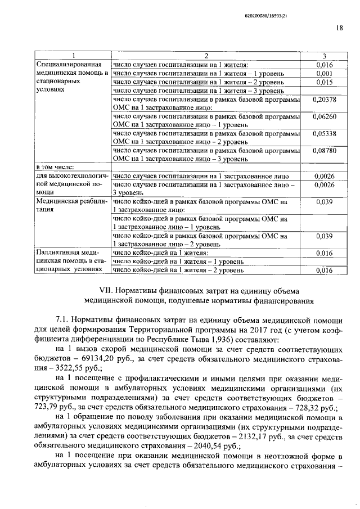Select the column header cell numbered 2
tap(206, 55)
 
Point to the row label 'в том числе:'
tap(55, 167)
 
